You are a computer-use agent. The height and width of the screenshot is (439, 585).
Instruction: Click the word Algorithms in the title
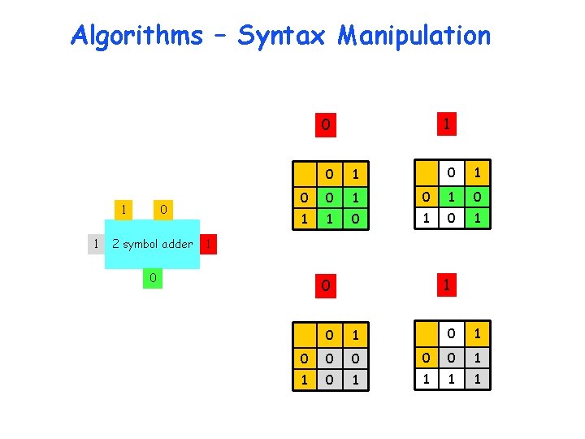click(x=136, y=36)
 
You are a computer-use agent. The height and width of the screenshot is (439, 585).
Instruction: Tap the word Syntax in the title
click(x=281, y=36)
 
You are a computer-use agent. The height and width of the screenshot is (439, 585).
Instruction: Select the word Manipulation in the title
click(x=414, y=36)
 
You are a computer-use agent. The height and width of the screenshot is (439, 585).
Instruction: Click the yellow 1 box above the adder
click(x=123, y=210)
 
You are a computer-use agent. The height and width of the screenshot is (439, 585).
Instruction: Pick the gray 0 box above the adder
click(x=163, y=210)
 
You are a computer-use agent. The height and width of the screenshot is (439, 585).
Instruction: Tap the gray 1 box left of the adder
click(x=96, y=243)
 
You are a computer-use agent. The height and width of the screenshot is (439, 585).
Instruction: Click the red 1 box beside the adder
click(x=209, y=243)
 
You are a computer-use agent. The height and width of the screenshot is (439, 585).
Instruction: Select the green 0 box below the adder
click(x=151, y=279)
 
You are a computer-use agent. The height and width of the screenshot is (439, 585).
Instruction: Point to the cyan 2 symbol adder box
click(x=152, y=243)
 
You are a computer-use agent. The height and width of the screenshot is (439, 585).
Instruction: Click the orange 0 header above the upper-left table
click(x=325, y=125)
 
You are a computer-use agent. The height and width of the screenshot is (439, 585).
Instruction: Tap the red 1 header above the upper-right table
click(x=445, y=124)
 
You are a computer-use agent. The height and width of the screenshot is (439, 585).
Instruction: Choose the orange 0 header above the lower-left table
click(x=325, y=285)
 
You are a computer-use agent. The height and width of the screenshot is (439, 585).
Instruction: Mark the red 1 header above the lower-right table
click(x=445, y=285)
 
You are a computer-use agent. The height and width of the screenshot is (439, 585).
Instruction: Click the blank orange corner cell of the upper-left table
click(x=304, y=174)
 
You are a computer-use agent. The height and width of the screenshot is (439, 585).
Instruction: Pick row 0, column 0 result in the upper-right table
click(x=449, y=197)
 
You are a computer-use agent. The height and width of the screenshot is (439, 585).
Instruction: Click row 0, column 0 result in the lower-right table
click(x=449, y=357)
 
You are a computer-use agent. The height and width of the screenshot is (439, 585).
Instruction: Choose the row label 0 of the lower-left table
click(x=304, y=358)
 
